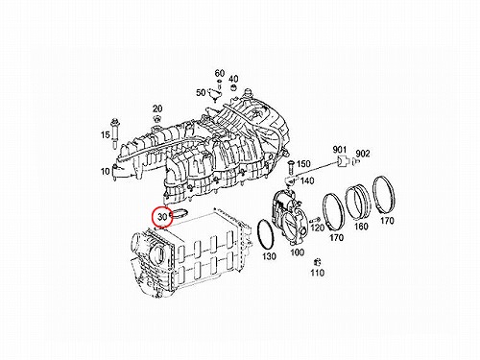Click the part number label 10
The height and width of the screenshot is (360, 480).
point(106,172)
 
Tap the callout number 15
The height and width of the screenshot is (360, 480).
point(106,135)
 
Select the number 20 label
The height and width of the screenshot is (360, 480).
point(157,108)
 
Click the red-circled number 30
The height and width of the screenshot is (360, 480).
point(163,217)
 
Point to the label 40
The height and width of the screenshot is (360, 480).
point(233,79)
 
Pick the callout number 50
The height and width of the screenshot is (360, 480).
point(201,93)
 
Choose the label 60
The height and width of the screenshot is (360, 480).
point(220,74)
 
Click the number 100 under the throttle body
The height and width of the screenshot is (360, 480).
point(297,252)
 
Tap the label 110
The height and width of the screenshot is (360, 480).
point(317,273)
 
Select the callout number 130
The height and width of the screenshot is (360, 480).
point(269,256)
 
